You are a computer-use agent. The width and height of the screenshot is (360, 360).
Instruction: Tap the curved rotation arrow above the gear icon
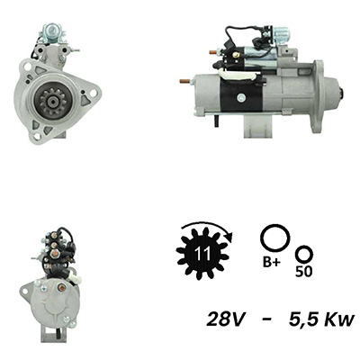coord(207,223)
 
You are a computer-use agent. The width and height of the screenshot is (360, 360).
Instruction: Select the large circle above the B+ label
coord(275,238)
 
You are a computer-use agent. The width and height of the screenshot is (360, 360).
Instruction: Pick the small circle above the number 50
coord(304,255)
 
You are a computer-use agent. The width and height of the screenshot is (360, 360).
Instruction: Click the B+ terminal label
coord(272,263)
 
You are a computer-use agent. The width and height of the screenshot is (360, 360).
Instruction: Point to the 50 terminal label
coord(303,272)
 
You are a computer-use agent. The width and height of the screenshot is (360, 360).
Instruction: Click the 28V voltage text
coord(224,319)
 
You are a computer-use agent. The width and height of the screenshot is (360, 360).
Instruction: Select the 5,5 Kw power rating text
coord(321,319)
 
